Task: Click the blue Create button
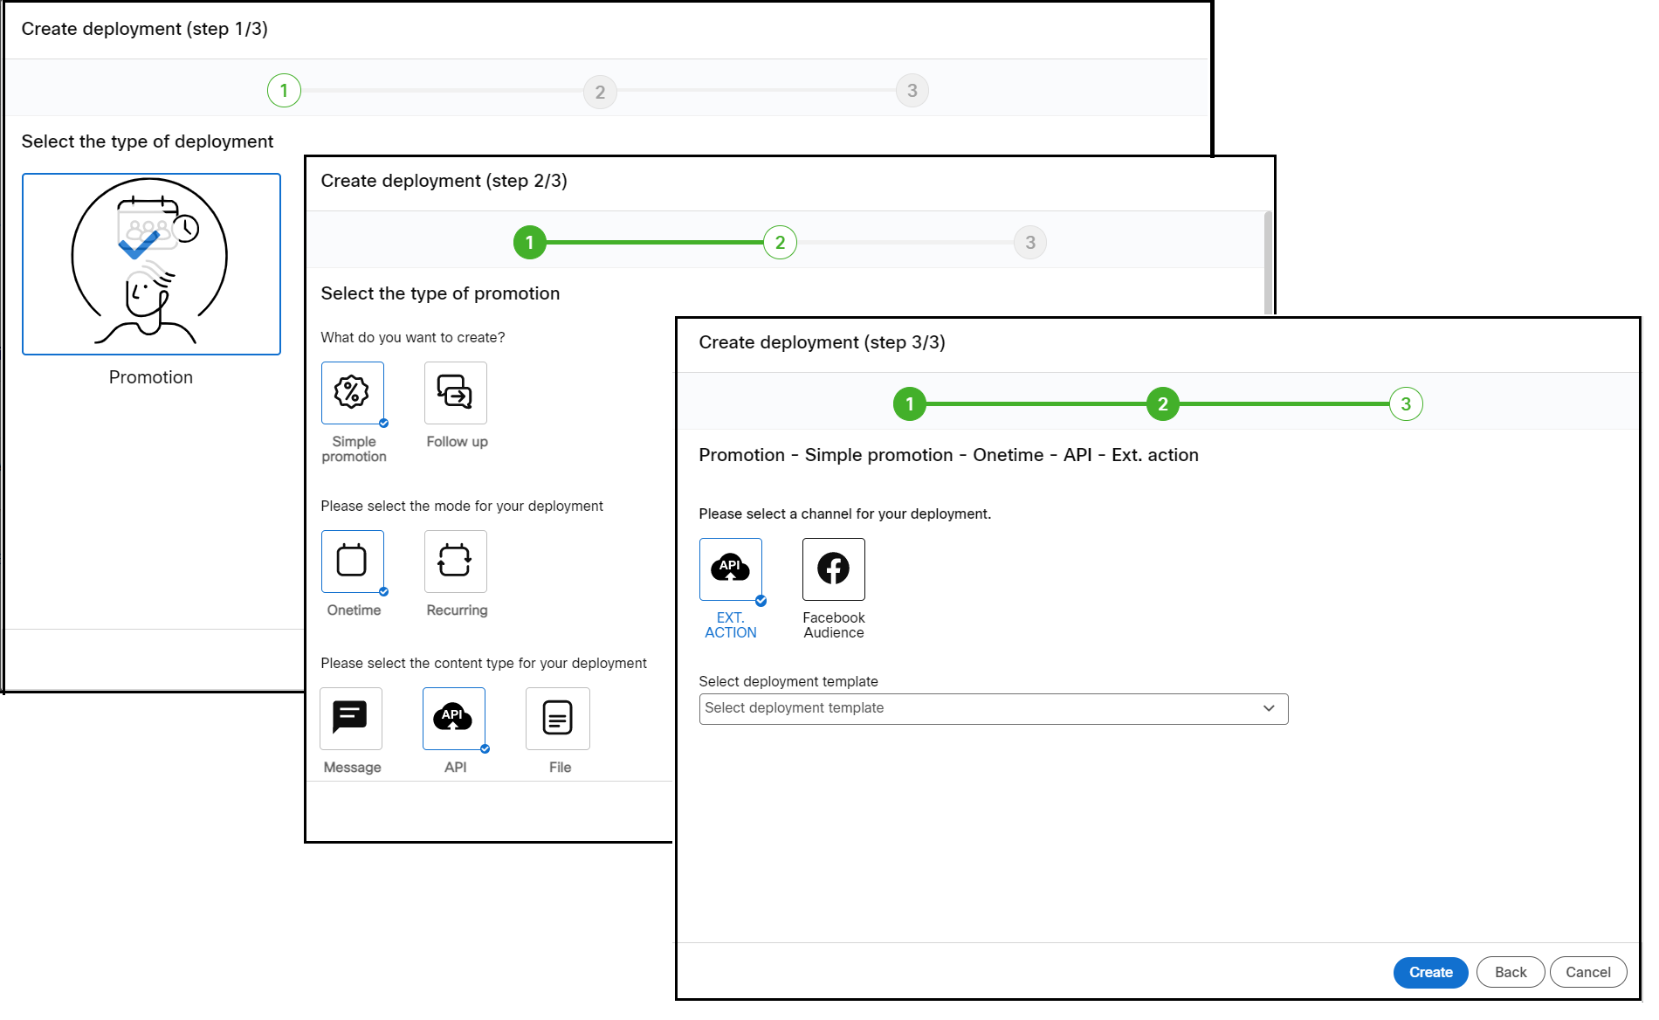(x=1429, y=972)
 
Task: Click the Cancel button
(x=1587, y=972)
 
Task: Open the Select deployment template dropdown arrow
(x=1268, y=708)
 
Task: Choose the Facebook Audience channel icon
(x=833, y=569)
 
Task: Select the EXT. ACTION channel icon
(x=730, y=569)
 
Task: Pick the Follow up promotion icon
(x=455, y=393)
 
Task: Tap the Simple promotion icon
(x=352, y=393)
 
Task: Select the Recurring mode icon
(x=455, y=561)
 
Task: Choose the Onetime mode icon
(x=352, y=561)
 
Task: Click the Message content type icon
(x=350, y=718)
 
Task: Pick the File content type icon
(x=557, y=718)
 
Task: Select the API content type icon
(x=453, y=718)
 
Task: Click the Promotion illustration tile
(x=151, y=264)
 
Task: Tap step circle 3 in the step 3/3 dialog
(x=1405, y=404)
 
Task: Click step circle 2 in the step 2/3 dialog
(x=779, y=243)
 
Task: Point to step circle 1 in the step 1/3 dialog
(x=284, y=91)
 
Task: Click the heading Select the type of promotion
(x=440, y=293)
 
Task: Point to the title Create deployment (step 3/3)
(x=821, y=342)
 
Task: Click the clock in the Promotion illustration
(x=186, y=229)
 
